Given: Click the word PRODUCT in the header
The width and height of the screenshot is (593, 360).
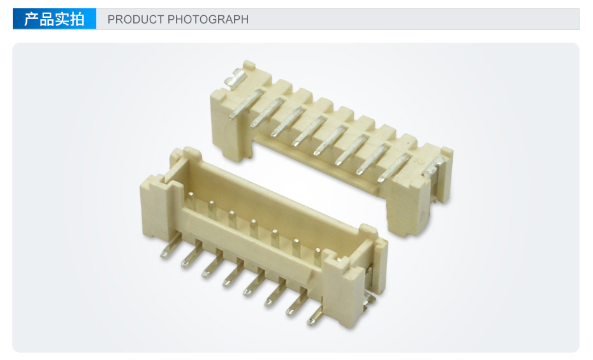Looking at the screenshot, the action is (x=135, y=19).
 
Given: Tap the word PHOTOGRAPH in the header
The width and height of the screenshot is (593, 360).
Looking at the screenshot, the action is (x=208, y=19).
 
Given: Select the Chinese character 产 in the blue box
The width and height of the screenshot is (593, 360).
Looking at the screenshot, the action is (x=31, y=19).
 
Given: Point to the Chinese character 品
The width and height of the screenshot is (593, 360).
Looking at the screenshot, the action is (x=47, y=19).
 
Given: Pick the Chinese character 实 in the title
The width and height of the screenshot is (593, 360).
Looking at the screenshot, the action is (x=62, y=19).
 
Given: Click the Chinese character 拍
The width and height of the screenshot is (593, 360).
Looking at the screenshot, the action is (x=77, y=19).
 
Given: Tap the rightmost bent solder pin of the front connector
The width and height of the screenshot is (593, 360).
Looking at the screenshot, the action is (x=316, y=314).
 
